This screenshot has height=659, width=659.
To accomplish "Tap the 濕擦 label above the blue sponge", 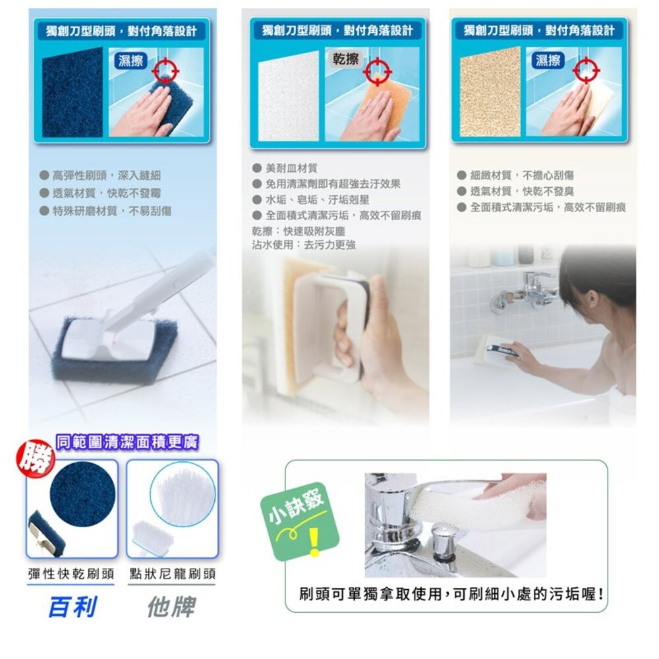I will [x=131, y=61].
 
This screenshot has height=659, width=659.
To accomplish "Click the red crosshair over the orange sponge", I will [x=378, y=71].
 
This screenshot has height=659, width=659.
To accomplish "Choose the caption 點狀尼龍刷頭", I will [x=173, y=574].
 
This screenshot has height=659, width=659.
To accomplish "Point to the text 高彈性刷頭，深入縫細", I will [x=106, y=175].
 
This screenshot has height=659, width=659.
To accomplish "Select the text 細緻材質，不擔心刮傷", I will [x=521, y=175].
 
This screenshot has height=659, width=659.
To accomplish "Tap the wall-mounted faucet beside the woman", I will [x=527, y=290].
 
